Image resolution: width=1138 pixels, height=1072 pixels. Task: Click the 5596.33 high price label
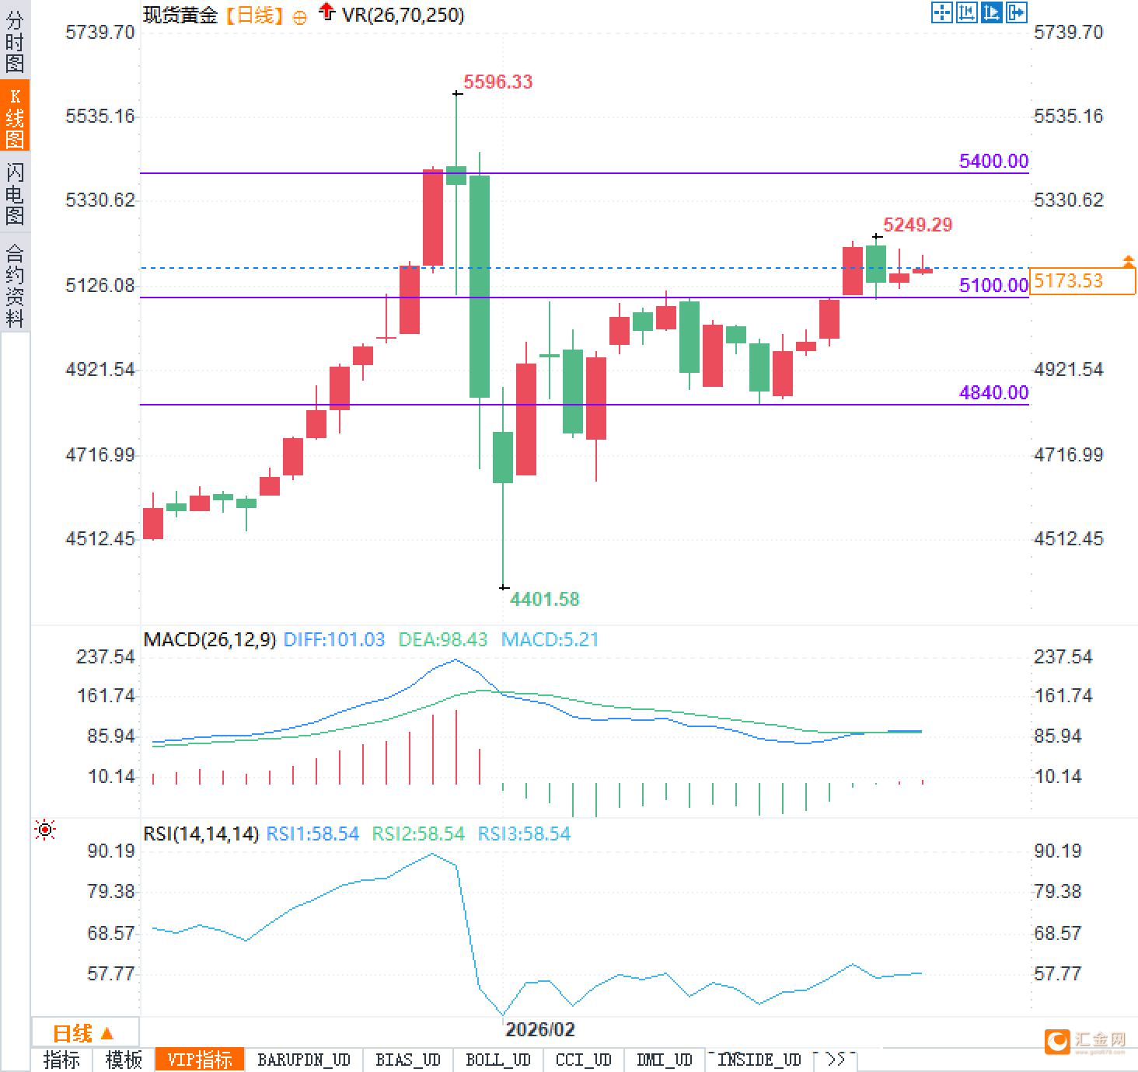(497, 82)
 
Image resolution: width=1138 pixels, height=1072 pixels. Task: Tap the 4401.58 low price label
(544, 599)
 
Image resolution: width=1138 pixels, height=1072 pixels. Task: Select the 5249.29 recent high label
(917, 224)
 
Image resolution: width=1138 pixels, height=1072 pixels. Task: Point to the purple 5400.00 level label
(993, 161)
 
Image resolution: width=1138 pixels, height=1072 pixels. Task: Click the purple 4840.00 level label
(993, 392)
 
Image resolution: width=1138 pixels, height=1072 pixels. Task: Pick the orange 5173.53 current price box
(1081, 280)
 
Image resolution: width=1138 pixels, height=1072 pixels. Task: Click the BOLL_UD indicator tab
(497, 1060)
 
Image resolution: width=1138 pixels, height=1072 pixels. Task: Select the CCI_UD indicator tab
(583, 1060)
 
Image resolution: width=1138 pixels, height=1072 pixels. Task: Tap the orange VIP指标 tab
(200, 1060)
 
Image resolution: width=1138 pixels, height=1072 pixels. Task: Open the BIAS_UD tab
(407, 1060)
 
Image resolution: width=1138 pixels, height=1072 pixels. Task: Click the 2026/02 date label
(539, 1029)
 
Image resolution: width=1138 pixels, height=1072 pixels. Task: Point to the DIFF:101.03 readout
(334, 639)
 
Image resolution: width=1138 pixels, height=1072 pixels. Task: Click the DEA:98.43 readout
(443, 639)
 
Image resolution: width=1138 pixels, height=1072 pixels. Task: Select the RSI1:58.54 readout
(312, 834)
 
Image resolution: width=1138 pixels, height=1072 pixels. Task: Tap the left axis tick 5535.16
(99, 117)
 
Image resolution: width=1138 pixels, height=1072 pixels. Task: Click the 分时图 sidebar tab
(15, 42)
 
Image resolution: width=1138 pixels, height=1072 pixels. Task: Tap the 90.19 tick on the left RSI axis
(110, 851)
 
